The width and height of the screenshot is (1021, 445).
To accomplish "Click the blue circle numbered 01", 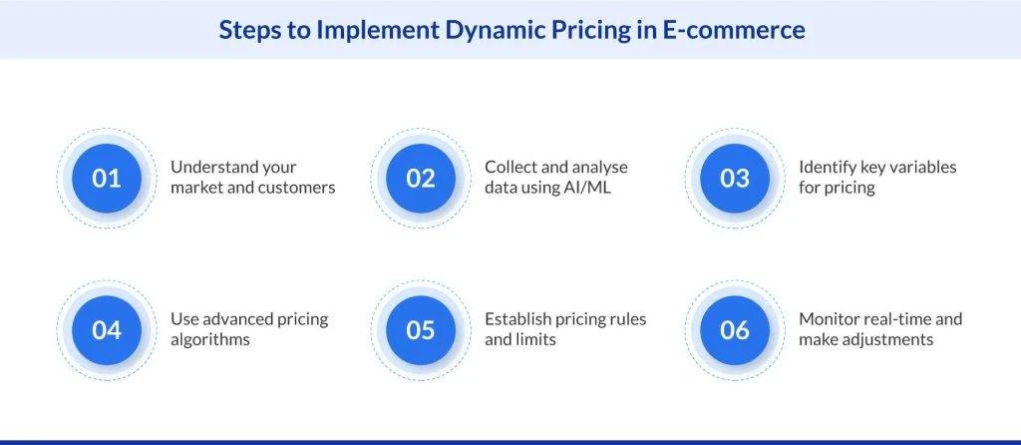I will (107, 178).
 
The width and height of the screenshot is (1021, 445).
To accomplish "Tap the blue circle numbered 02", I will (421, 178).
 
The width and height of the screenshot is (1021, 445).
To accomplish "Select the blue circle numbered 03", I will (735, 178).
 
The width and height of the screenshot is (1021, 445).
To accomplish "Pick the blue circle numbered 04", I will (107, 329).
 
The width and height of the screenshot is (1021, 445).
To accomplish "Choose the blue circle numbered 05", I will (421, 329).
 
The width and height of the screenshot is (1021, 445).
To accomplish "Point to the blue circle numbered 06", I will (735, 329).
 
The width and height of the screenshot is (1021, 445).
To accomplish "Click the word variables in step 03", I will (919, 168).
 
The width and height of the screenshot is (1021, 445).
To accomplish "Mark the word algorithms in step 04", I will (210, 340).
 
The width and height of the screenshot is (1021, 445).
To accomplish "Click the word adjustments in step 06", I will (886, 340).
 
